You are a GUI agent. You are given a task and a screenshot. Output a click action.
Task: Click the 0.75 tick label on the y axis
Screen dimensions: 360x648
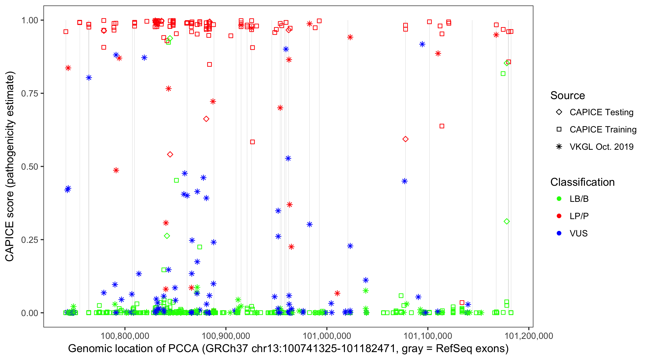coord(29,93)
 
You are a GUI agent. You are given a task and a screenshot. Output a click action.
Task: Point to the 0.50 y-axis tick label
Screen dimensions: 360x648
coord(29,167)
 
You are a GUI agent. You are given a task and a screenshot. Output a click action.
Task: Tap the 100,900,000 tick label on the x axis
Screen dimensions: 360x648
coord(226,336)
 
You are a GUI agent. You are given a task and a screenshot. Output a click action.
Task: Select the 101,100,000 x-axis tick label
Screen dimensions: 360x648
coord(428,336)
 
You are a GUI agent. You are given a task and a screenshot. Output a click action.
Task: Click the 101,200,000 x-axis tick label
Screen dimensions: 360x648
coord(529,336)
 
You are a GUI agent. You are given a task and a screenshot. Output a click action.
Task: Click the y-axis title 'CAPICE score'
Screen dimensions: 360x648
coord(10,166)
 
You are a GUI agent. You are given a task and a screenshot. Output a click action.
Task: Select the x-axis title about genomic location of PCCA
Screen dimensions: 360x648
coord(288,349)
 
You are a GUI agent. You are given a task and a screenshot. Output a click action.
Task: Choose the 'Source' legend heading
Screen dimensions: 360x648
coord(568,96)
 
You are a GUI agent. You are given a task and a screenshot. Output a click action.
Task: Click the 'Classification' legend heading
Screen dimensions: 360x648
coord(582,182)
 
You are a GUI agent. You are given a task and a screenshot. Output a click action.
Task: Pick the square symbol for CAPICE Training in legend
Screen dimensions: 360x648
coord(559,129)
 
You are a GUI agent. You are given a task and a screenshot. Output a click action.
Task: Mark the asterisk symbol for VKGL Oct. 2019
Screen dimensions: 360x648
coord(559,147)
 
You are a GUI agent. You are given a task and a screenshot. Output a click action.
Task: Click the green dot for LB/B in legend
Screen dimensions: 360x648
coord(559,199)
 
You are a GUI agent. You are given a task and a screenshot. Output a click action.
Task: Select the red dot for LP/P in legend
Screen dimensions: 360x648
coord(559,216)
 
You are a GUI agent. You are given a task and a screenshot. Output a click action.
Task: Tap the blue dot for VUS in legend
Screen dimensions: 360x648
coord(559,233)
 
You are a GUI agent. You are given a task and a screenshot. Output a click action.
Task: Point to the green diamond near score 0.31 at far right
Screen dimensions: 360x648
coord(507,221)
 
